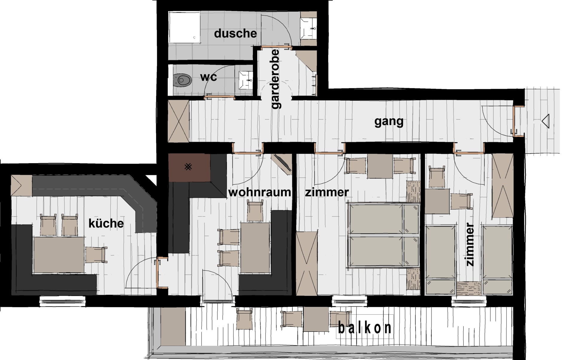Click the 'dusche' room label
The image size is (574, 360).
click(235, 33)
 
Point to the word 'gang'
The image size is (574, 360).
click(389, 122)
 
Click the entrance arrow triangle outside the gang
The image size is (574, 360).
click(546, 121)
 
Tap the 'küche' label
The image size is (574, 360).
click(106, 223)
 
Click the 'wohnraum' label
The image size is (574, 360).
click(259, 192)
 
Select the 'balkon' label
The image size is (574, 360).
click(365, 328)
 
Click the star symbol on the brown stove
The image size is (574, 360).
click(188, 167)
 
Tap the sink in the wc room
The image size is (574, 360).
click(246, 80)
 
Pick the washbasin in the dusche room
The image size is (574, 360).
click(308, 28)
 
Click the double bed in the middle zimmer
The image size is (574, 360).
click(383, 235)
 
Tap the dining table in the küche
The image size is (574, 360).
click(59, 255)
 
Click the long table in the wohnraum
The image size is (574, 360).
click(255, 247)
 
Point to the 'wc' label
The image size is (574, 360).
click(209, 77)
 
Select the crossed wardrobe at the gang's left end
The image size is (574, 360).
click(178, 121)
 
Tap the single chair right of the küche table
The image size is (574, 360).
click(96, 255)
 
